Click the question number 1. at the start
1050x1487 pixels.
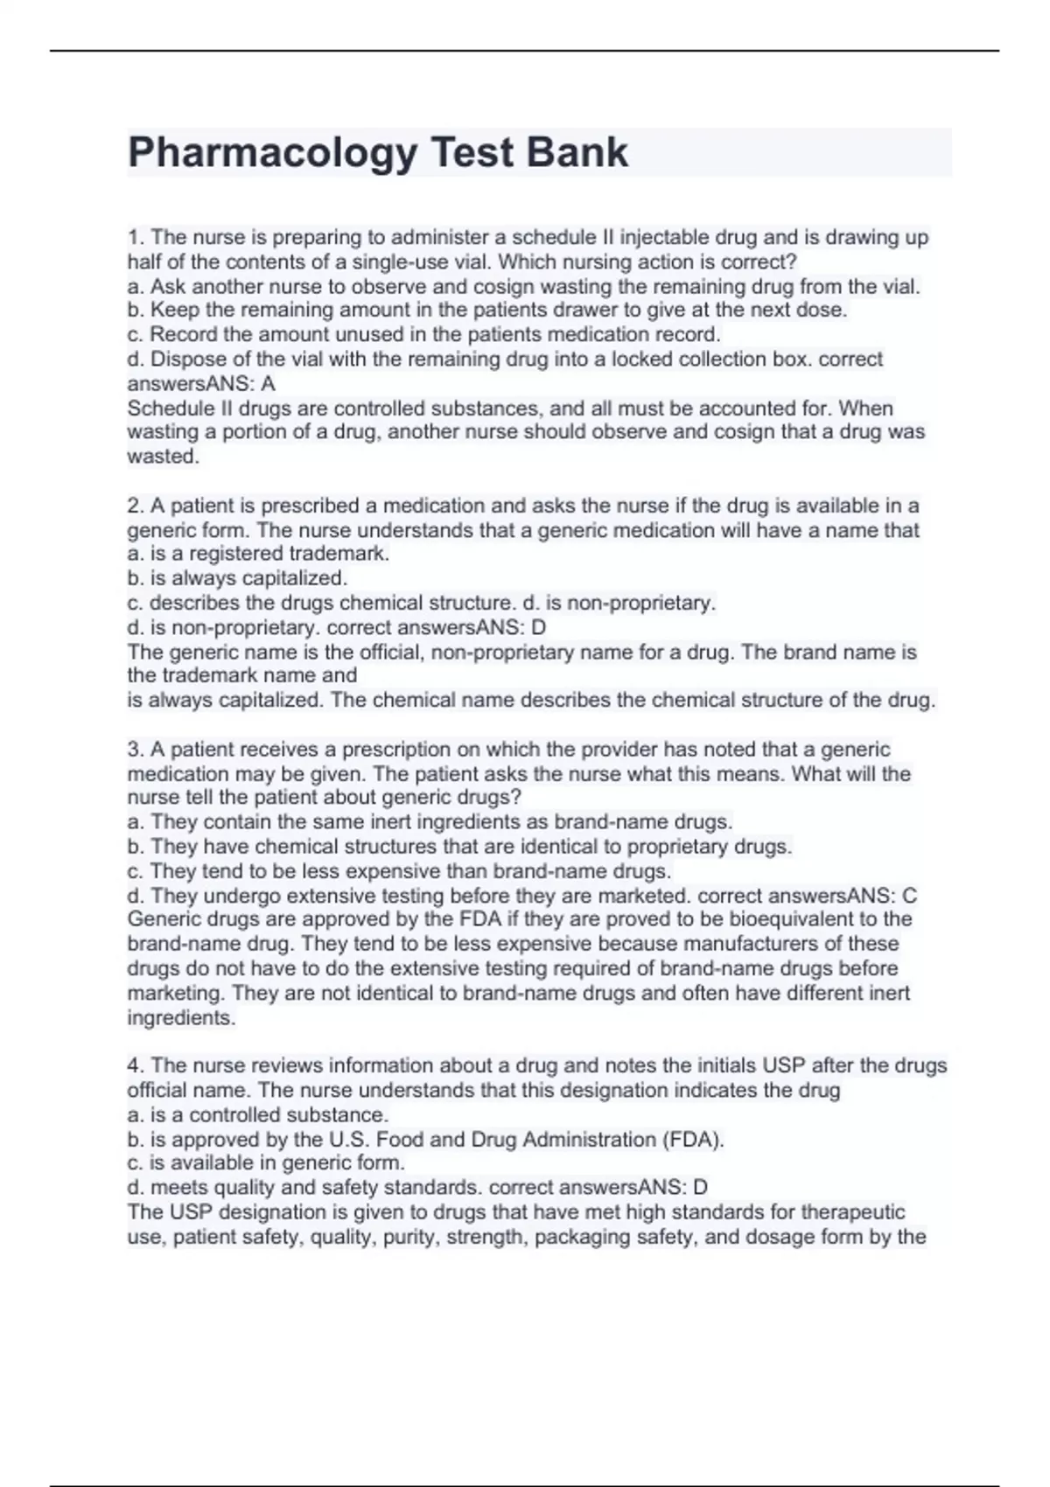click(136, 238)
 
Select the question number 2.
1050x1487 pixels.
click(136, 506)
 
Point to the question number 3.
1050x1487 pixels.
click(136, 750)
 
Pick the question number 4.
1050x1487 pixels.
click(136, 1065)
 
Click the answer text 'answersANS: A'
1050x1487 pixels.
click(201, 383)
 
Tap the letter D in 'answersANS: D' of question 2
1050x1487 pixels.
click(539, 627)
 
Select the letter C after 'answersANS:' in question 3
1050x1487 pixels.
click(909, 896)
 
